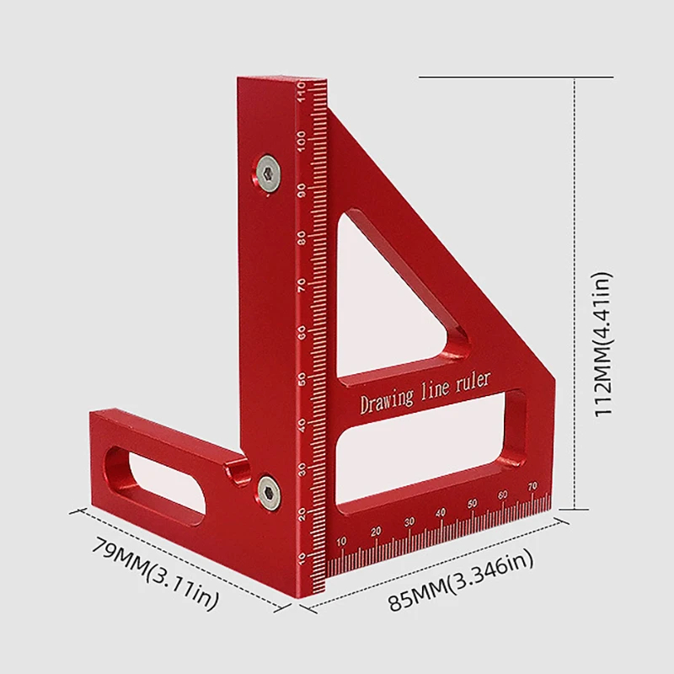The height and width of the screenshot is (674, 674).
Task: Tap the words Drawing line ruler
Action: point(425,393)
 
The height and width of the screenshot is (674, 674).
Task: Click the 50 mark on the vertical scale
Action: point(302,377)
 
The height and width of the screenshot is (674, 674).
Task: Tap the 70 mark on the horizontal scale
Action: point(532,486)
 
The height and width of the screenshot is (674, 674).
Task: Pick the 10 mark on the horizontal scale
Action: point(341,541)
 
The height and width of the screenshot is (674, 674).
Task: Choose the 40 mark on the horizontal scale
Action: point(439,513)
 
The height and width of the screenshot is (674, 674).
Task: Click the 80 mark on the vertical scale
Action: point(302,236)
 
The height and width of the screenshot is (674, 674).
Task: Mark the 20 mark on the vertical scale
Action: point(302,516)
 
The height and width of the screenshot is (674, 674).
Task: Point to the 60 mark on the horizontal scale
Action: point(502,495)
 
